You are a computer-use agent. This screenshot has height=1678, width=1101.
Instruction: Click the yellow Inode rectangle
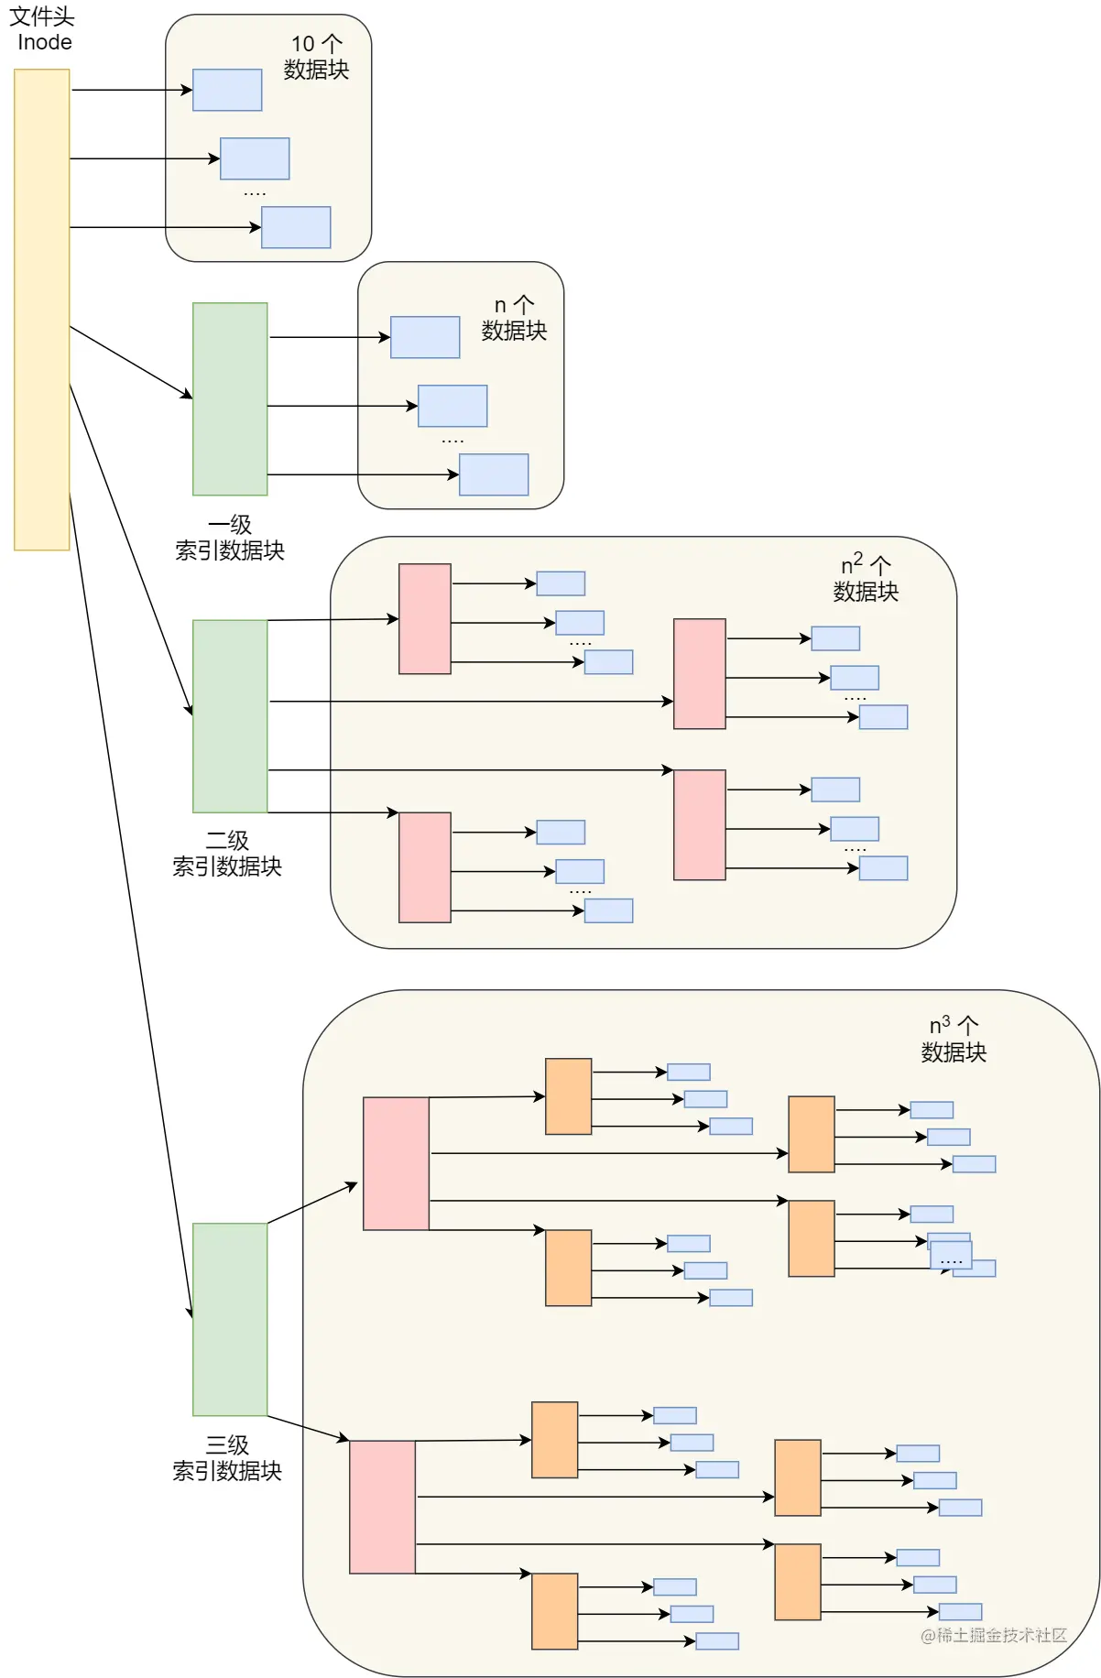pos(42,310)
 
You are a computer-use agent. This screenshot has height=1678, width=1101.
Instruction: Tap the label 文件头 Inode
pos(42,29)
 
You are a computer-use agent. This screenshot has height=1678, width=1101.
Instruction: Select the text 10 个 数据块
pos(316,57)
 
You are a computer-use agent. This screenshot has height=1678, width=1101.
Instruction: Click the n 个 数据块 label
pos(514,318)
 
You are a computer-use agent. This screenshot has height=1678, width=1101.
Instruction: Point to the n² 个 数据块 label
pos(866,578)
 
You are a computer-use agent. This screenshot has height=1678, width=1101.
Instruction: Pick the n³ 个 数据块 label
pos(954,1039)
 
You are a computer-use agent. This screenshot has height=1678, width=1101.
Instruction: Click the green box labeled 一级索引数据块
pos(230,399)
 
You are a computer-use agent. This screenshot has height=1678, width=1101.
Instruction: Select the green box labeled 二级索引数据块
pos(230,716)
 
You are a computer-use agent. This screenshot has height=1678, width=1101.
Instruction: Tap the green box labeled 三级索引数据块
pos(230,1319)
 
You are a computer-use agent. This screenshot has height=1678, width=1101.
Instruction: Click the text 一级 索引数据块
pos(230,538)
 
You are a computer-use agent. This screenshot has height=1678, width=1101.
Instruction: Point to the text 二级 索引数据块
pos(227,854)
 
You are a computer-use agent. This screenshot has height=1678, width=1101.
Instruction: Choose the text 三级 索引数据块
pos(227,1458)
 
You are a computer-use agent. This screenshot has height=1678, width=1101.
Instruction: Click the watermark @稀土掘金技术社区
pos(994,1636)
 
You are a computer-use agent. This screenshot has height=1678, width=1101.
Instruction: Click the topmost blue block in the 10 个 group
pos(227,90)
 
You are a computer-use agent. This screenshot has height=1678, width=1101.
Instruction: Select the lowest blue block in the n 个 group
pos(494,474)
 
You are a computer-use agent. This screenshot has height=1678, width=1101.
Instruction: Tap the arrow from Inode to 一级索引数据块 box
pos(131,362)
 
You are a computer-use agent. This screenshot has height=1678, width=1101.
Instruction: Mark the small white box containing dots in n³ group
pos(951,1255)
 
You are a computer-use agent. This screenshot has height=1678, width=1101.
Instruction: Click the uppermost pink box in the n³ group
pos(396,1163)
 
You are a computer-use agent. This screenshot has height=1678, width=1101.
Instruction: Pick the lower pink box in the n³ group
pos(382,1507)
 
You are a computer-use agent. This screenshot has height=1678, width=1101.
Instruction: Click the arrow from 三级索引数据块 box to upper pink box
pos(311,1204)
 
